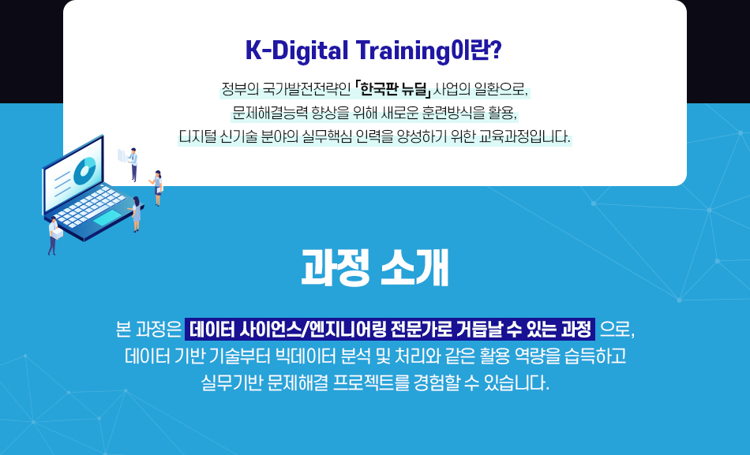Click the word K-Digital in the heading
point(297,50)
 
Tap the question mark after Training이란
point(496,50)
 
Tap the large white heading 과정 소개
point(375,267)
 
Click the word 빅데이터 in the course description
point(306,356)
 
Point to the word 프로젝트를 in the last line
point(371,382)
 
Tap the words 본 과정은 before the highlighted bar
point(148,330)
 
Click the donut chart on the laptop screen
point(84,170)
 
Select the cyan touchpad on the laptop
point(107,218)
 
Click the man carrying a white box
point(54,236)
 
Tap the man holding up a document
point(133,164)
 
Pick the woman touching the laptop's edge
point(137,214)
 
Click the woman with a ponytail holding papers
point(157,188)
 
